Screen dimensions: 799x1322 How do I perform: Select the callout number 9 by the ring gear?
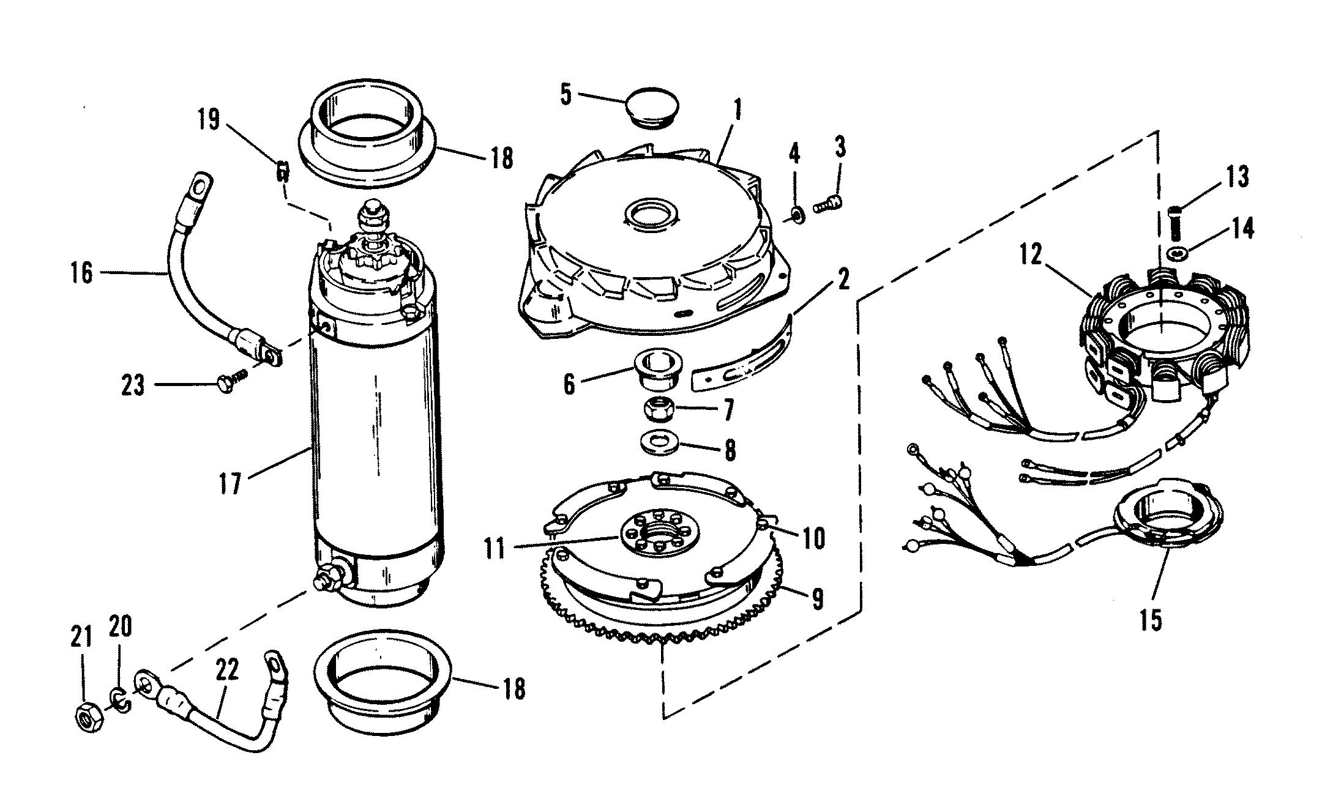click(x=817, y=598)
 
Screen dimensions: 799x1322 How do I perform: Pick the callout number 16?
click(x=81, y=272)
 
